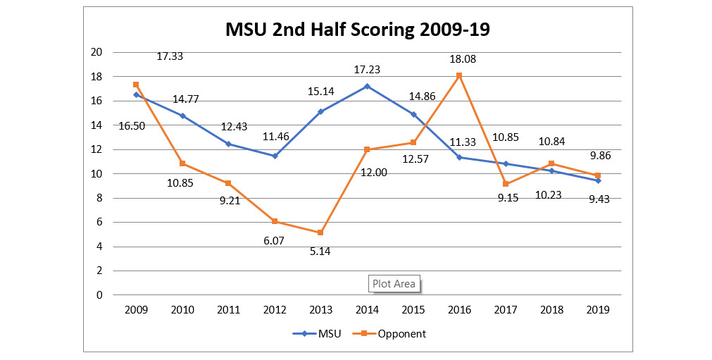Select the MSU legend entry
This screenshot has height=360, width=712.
[317, 334]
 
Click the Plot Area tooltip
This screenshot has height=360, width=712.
[394, 284]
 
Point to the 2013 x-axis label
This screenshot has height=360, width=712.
[320, 310]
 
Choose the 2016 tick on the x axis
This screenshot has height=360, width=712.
[460, 310]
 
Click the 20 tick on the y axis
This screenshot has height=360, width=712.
[96, 52]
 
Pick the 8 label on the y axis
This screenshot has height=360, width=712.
[99, 198]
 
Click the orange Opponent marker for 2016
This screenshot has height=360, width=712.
[459, 75]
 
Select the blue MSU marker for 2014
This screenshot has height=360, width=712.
[367, 86]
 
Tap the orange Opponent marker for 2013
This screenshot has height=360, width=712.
[320, 232]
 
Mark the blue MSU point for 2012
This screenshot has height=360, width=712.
[275, 156]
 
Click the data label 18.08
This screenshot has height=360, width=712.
[463, 59]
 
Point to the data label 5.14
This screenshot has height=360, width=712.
[320, 252]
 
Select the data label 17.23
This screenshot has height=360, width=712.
[368, 70]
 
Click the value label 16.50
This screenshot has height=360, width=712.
[132, 126]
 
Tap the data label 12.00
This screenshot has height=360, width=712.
[374, 173]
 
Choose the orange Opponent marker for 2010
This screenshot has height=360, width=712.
[182, 163]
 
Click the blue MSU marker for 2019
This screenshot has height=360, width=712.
[598, 180]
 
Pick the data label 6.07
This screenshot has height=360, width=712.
[274, 241]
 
